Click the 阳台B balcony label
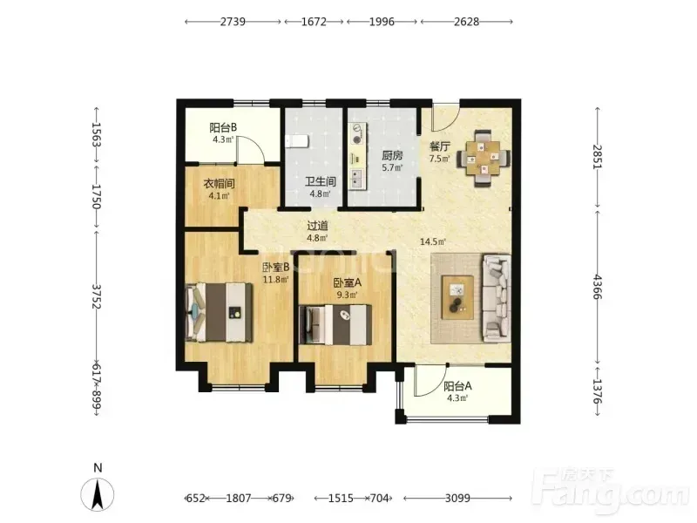click(223, 127)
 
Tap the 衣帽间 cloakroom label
click(219, 183)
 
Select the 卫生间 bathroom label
click(320, 181)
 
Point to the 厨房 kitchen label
click(392, 156)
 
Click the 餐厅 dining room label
click(440, 146)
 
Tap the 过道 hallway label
click(317, 226)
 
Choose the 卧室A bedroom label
click(348, 282)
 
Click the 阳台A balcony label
click(457, 386)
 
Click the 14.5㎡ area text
click(433, 242)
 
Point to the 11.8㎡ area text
click(275, 279)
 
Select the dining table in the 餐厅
click(484, 158)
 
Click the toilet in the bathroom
click(296, 141)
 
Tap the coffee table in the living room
click(457, 297)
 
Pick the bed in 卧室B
click(219, 312)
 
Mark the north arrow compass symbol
click(98, 493)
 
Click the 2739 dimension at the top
click(233, 21)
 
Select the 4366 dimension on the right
click(598, 288)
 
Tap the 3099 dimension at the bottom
click(457, 498)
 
